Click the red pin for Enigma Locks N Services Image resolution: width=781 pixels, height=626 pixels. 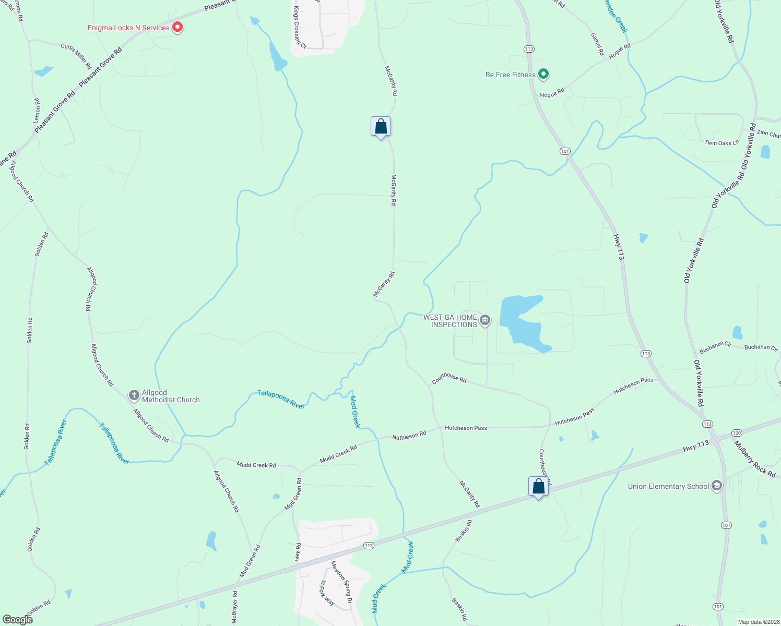coord(177,27)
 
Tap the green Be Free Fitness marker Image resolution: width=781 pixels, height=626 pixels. coord(543,74)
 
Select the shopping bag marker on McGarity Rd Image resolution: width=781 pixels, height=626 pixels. coord(381,127)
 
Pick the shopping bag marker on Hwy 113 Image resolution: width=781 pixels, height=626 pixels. coord(538,486)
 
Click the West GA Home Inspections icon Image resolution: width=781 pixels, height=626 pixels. coord(485,320)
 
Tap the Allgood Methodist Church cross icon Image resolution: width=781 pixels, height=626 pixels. coord(134,395)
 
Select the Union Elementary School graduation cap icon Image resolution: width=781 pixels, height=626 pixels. coord(717,486)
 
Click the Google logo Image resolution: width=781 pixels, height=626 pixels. coord(17,620)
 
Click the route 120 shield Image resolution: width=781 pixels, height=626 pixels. coord(737,433)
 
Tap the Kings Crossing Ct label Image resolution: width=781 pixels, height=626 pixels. coord(300,28)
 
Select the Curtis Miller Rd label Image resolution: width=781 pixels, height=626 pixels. coord(76,56)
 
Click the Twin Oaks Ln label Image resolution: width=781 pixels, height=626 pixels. coord(721,142)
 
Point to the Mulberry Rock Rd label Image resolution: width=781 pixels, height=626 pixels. coord(755,459)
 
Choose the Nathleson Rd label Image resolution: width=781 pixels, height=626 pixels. coord(409,435)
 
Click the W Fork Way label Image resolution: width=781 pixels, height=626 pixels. coord(327,593)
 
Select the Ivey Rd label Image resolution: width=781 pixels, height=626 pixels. coord(298,552)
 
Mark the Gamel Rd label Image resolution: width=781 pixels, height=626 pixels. coord(597,44)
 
